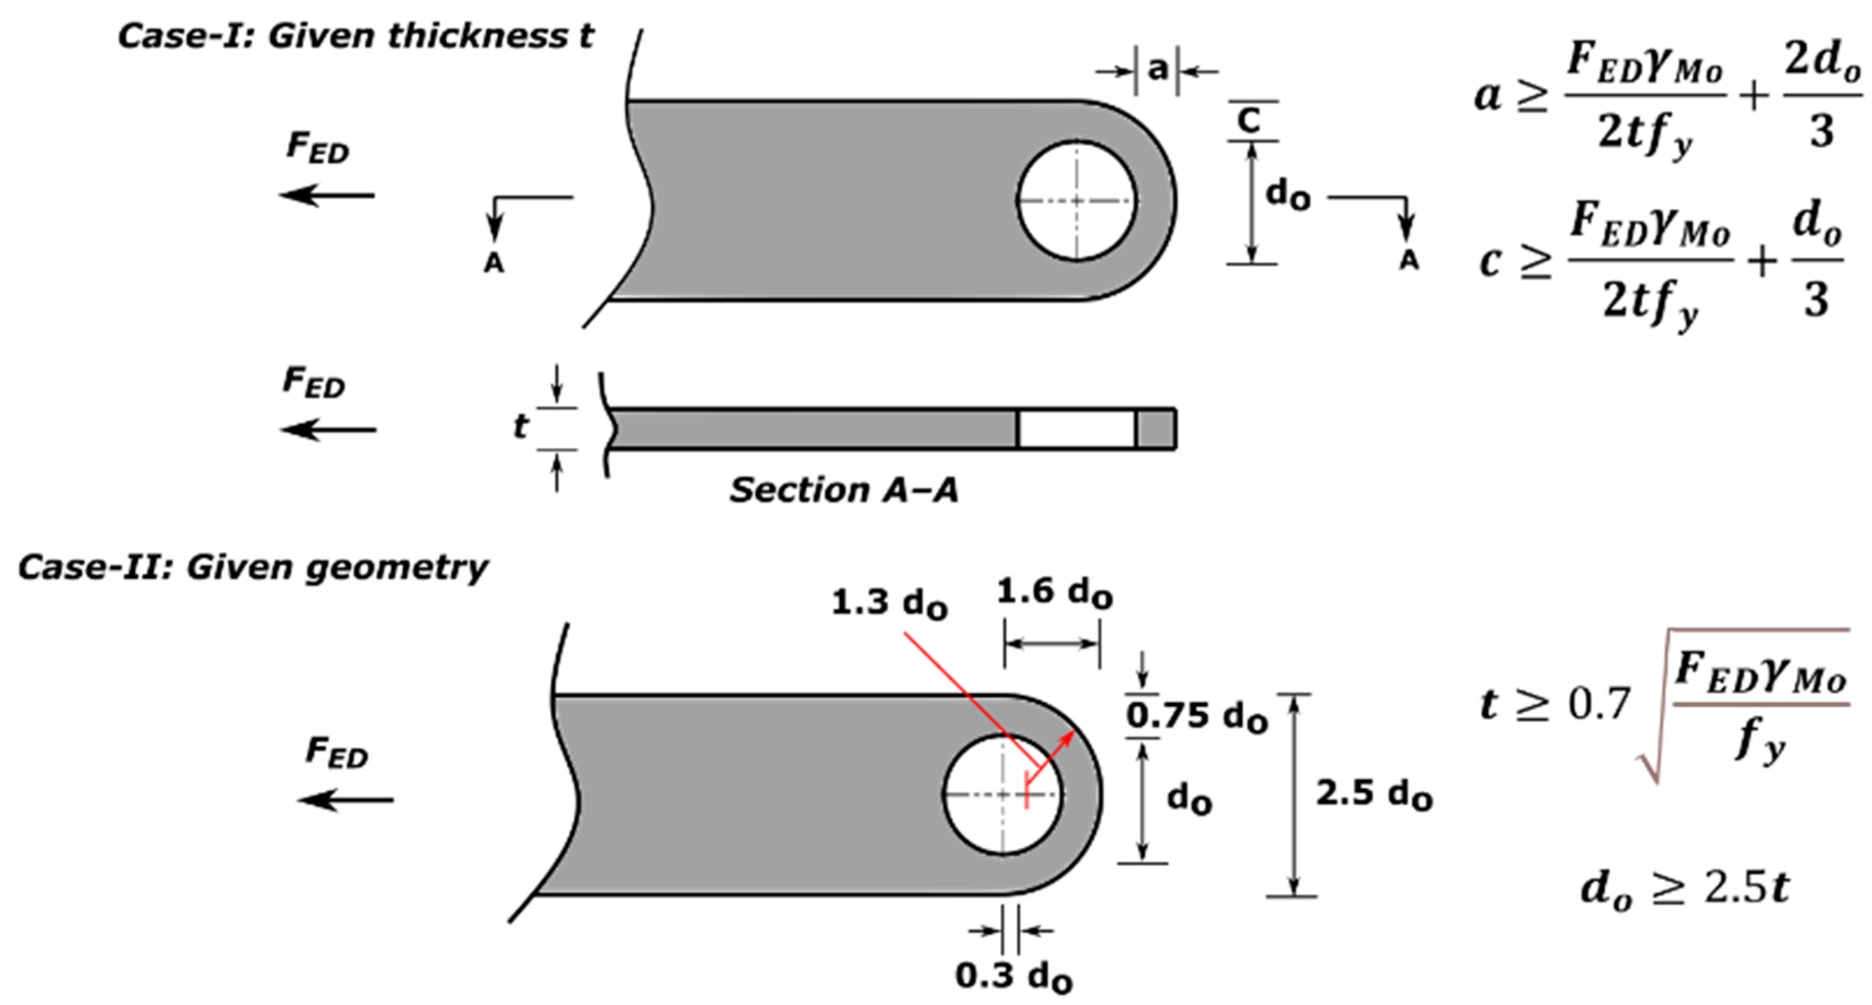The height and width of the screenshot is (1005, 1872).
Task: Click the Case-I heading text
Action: click(x=356, y=36)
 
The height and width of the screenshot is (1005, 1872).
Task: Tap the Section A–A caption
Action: click(x=843, y=490)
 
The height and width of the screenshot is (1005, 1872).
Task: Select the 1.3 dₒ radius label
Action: click(x=889, y=603)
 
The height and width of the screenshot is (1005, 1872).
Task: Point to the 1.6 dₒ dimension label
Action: click(x=1054, y=592)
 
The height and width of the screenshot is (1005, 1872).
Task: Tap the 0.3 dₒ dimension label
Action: click(x=1013, y=977)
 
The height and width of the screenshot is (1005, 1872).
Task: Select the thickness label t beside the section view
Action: click(x=520, y=427)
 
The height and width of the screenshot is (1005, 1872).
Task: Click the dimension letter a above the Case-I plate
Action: click(x=1157, y=69)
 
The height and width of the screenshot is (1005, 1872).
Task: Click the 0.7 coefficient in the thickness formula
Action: click(x=1599, y=704)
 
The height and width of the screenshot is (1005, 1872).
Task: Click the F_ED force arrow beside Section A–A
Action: click(x=328, y=430)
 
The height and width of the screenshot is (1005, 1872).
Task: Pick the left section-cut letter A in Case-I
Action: click(x=494, y=263)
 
